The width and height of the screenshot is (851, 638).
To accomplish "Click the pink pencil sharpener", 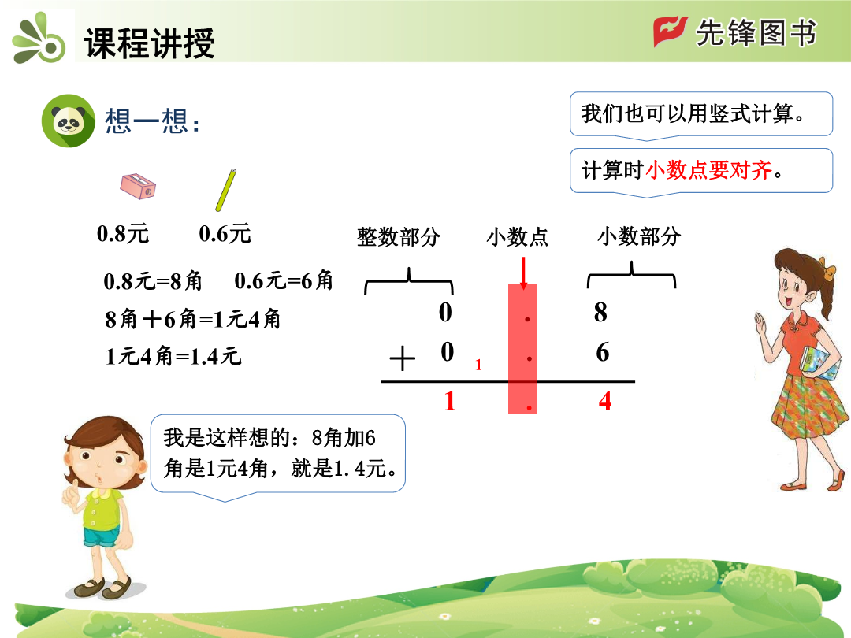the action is [138, 186].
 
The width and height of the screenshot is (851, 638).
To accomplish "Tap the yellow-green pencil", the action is [226, 190].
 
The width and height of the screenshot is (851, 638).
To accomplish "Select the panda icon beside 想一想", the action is [69, 121].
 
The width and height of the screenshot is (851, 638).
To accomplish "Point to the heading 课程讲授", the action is [150, 43].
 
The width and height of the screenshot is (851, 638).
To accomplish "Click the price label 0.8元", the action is [123, 234].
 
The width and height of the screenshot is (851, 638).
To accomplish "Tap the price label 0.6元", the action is [225, 234].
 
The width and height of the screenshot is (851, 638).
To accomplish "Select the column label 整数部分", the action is [399, 237].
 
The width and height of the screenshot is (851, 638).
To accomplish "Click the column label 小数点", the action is [517, 237].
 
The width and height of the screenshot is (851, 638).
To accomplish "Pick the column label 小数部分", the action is [639, 236].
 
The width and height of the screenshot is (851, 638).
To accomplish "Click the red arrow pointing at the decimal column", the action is [523, 273].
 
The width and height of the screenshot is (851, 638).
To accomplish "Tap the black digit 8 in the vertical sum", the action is [600, 312].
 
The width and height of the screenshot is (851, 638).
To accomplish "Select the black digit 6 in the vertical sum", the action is [603, 352].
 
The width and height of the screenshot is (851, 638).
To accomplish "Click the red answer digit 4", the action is [605, 401].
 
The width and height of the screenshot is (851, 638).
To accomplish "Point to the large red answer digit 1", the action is [449, 401].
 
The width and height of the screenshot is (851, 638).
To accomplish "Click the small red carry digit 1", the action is [478, 365].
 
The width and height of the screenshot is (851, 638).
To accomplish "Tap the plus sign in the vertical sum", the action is [402, 358].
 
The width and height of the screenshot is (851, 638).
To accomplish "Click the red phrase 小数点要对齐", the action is [709, 170].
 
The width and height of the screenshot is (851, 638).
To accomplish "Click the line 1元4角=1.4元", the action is [173, 357].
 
